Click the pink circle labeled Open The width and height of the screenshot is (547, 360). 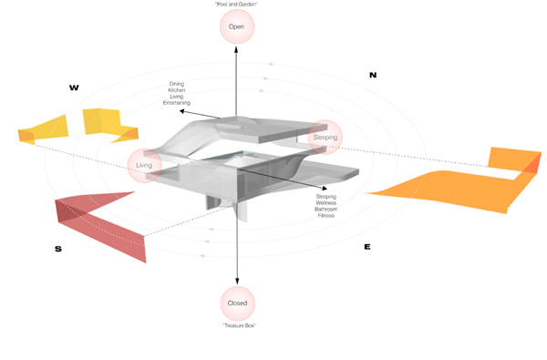click(x=237, y=26)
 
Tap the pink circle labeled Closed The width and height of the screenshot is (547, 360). click(x=238, y=303)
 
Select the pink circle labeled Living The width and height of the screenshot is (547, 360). click(x=144, y=165)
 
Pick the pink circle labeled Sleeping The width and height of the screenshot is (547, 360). click(x=325, y=137)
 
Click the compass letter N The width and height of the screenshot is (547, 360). click(x=373, y=75)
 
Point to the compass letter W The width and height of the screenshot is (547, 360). click(x=74, y=87)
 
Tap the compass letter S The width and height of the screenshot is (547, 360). click(x=58, y=249)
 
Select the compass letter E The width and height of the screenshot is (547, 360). click(x=367, y=247)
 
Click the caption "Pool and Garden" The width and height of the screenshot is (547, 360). click(x=236, y=5)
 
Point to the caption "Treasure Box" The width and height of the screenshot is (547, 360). click(x=239, y=325)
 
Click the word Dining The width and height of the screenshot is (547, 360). click(x=177, y=84)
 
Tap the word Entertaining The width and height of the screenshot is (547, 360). click(x=177, y=103)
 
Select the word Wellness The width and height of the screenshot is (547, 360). click(x=325, y=202)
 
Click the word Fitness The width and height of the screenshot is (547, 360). click(x=325, y=216)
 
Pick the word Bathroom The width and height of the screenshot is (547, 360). click(x=325, y=210)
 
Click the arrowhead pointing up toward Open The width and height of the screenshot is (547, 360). click(x=236, y=49)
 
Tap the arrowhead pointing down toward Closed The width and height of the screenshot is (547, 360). click(x=237, y=281)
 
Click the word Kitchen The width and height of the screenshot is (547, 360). click(x=177, y=90)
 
